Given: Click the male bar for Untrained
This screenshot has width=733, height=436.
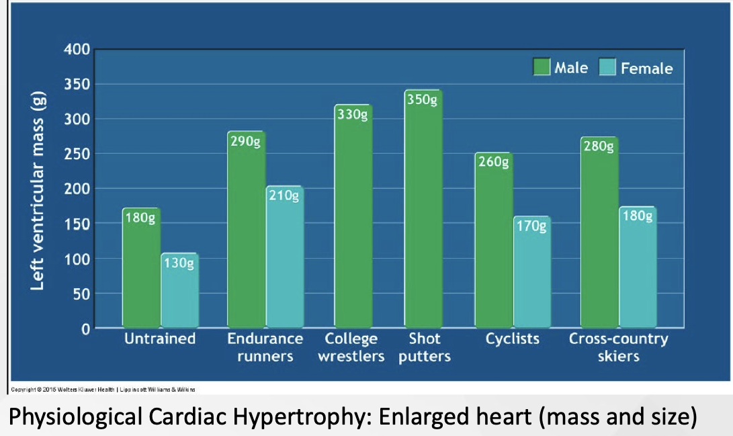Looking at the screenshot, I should pyautogui.click(x=141, y=269).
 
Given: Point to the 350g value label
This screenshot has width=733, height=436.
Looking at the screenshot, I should pyautogui.click(x=423, y=99).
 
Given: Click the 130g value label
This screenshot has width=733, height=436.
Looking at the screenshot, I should pyautogui.click(x=179, y=263).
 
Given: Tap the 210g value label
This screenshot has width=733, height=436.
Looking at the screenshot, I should pyautogui.click(x=285, y=196).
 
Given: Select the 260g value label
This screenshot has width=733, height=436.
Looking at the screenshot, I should pyautogui.click(x=494, y=162).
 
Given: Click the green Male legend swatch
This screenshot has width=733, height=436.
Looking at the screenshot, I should pyautogui.click(x=542, y=67).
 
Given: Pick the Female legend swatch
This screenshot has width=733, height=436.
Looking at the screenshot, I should pyautogui.click(x=607, y=68).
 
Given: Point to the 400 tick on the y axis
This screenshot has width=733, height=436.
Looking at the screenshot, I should pyautogui.click(x=77, y=50).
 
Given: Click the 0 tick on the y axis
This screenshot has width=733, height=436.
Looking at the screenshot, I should pyautogui.click(x=86, y=329).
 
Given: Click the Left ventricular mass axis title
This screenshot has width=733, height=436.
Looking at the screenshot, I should pyautogui.click(x=38, y=189).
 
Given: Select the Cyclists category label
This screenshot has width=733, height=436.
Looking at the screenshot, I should pyautogui.click(x=513, y=339).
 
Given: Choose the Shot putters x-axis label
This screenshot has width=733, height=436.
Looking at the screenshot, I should pyautogui.click(x=424, y=347).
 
